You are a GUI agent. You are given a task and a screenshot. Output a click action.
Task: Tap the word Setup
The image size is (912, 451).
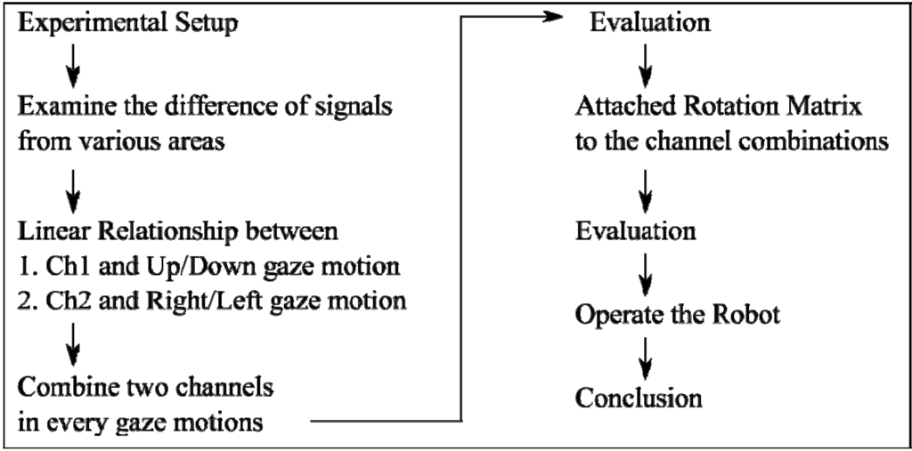[x=208, y=24]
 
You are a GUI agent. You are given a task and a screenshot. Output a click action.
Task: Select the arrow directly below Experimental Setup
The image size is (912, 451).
[x=74, y=63]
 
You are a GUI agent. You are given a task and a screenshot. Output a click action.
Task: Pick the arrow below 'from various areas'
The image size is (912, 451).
[x=74, y=188]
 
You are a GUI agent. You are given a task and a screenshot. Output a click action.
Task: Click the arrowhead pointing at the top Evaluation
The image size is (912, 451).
[x=558, y=17]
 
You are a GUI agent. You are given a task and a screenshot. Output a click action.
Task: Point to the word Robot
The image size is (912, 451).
[x=747, y=315]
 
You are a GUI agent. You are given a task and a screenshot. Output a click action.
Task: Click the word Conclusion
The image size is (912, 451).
[x=639, y=398]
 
